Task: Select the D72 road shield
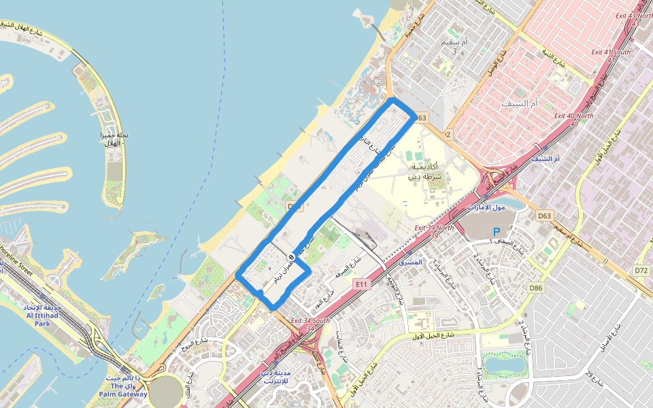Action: [x=641, y=270]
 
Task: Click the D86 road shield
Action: [x=537, y=288]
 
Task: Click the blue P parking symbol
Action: [x=497, y=232]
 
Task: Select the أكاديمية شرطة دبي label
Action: [x=426, y=171]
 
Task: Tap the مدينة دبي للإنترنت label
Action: [x=275, y=377]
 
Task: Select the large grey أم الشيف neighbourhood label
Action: [x=519, y=103]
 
